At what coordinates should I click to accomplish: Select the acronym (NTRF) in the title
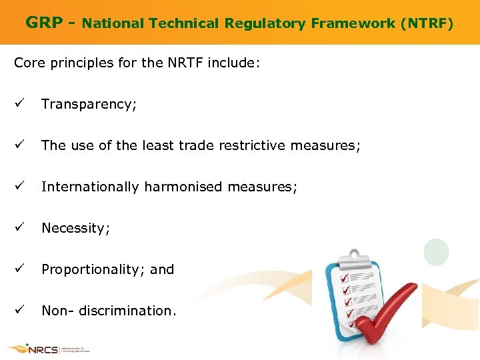pos(427,24)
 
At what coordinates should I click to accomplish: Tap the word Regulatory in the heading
pos(262,24)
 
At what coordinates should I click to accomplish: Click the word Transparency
pos(89,105)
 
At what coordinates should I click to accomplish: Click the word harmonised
pos(182,187)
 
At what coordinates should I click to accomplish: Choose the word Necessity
pos(75,228)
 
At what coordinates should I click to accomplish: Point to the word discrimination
pos(127,311)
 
